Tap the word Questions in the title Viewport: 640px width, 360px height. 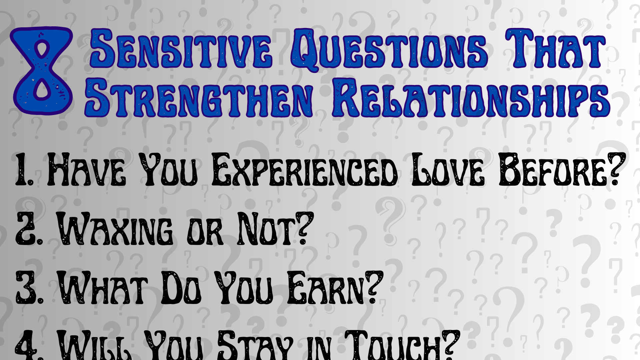point(388,49)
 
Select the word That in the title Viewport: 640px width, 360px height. point(555,49)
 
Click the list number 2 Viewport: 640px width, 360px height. point(28,229)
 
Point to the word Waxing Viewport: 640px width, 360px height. point(115,229)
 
